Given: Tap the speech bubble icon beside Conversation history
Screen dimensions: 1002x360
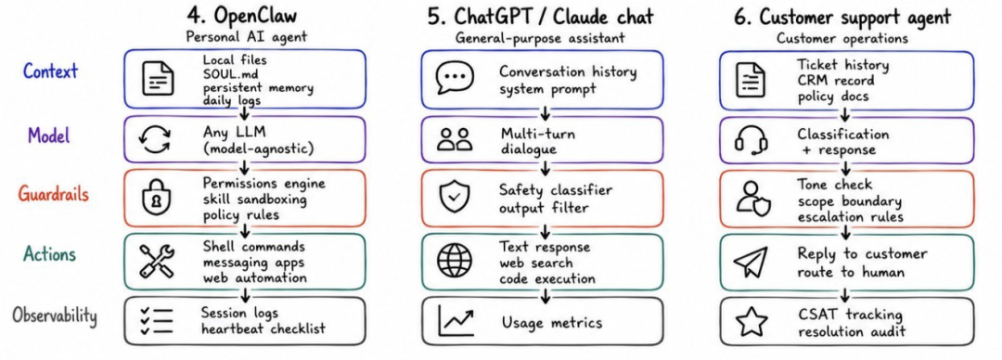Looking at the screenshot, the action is coord(455,78).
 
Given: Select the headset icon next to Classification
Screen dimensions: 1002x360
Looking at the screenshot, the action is coord(751,140).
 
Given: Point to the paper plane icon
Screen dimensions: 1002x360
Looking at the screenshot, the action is coord(751,263).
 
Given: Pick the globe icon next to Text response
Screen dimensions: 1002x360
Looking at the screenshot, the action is coord(455,262).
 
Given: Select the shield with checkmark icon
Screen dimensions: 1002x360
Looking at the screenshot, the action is coord(455,199).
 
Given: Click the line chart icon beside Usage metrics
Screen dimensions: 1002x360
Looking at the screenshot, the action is coord(456,321).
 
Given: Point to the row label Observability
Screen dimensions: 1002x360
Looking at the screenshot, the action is coord(54,315).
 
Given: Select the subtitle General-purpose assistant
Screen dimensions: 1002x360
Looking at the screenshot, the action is coord(541,38).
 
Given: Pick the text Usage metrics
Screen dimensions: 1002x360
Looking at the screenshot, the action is coord(551,322).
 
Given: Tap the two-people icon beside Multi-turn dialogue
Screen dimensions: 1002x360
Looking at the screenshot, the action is coord(455,140).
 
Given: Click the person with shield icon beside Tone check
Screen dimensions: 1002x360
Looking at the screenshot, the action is coord(752,199).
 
